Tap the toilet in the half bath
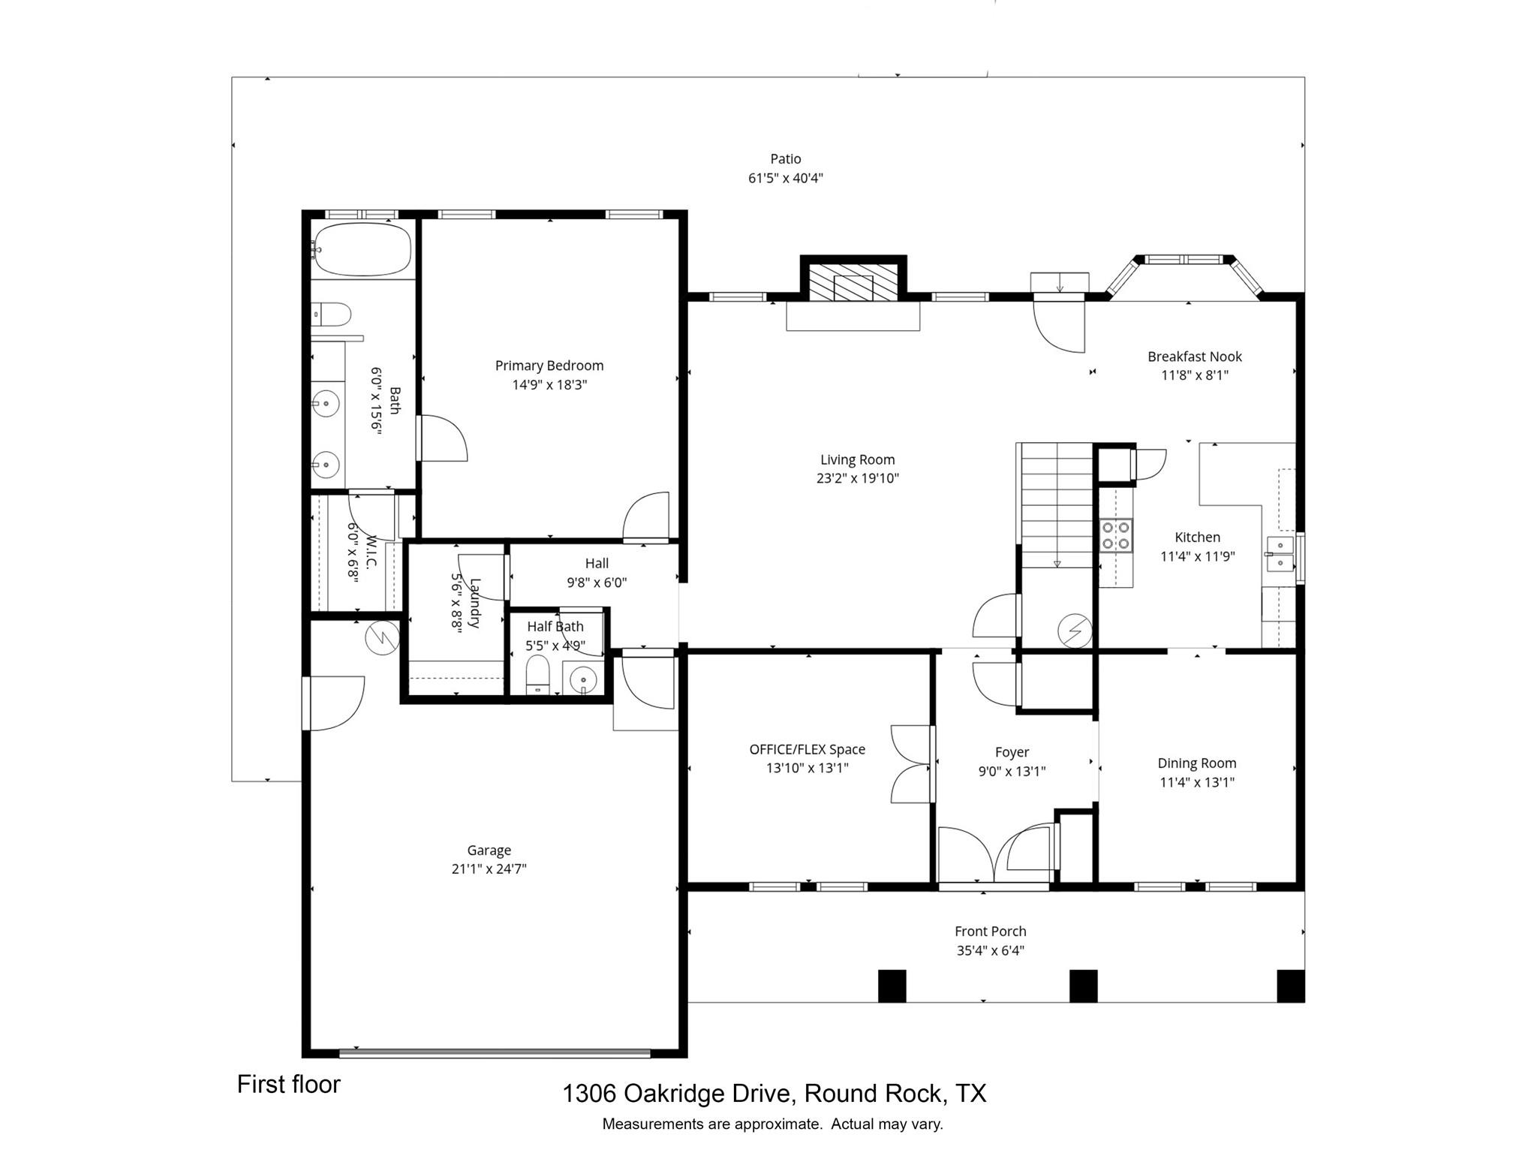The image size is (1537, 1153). [x=537, y=674]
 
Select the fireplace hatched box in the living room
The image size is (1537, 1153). [x=853, y=281]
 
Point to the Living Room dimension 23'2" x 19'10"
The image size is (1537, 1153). [x=857, y=478]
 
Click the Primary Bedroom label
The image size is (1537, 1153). [x=549, y=366]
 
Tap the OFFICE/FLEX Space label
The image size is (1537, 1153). [x=807, y=749]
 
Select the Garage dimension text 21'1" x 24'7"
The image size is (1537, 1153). [x=489, y=869]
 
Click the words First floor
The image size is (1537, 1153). [x=288, y=1084]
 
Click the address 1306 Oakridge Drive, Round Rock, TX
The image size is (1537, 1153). [x=774, y=1093]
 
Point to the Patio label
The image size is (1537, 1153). [x=785, y=159]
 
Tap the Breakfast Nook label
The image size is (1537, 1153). [x=1194, y=357]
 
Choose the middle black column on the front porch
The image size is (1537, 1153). [x=1083, y=986]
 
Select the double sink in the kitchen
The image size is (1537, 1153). [x=1280, y=553]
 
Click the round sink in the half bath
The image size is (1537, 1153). [x=583, y=681]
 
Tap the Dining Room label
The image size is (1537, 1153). [x=1196, y=763]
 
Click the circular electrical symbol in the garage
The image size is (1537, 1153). [x=382, y=638]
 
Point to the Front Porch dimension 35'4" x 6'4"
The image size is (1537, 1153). [x=990, y=950]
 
